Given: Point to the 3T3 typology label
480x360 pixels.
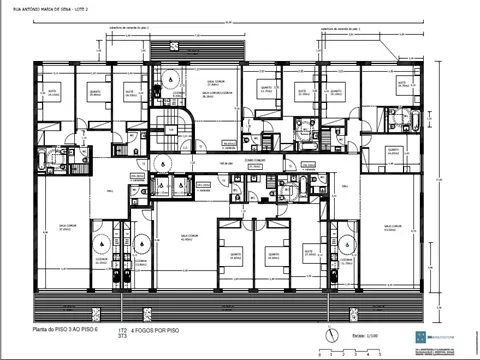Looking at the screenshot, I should point(122,338).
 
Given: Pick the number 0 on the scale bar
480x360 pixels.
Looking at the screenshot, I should point(317,355).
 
